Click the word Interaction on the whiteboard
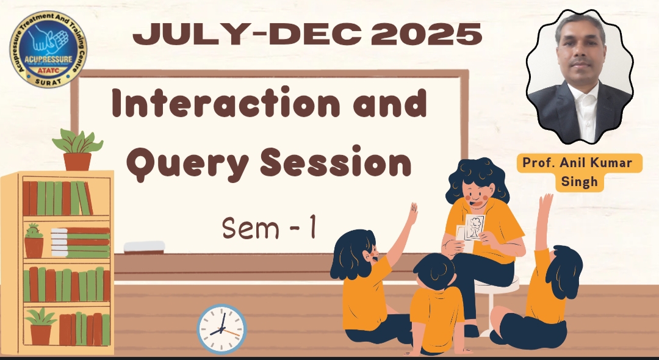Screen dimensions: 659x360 [x=226, y=103]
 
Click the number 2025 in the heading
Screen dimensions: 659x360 [x=426, y=34]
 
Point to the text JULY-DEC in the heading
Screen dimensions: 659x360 [x=249, y=34]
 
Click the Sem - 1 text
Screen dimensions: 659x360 [x=269, y=228]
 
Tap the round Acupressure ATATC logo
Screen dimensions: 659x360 [x=48, y=49]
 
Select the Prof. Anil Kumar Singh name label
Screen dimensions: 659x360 [x=579, y=172]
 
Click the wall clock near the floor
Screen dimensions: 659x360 [x=221, y=329]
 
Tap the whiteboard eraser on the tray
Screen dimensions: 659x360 [x=144, y=247]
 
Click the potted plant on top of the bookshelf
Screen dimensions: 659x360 [x=77, y=149]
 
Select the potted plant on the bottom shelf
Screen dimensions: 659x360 [x=41, y=326]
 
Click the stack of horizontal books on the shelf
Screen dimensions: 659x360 [x=81, y=243]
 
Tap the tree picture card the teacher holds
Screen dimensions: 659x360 [x=474, y=227]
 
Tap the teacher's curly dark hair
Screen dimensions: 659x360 [x=477, y=181]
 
